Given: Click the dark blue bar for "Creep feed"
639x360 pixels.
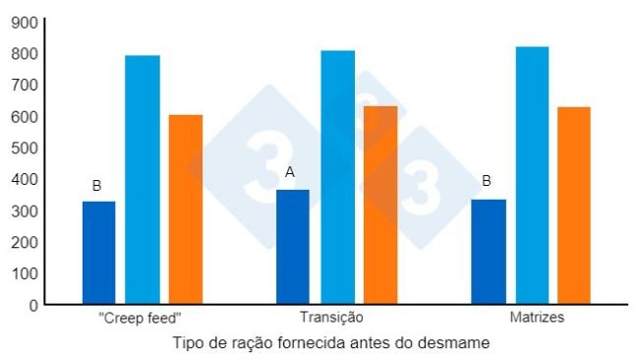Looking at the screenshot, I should (98, 252).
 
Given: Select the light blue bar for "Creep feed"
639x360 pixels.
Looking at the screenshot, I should (142, 179).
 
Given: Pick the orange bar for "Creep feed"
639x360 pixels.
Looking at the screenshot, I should (186, 209).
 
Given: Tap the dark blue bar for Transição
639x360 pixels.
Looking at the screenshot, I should (292, 246).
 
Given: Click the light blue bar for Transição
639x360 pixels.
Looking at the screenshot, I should (337, 177).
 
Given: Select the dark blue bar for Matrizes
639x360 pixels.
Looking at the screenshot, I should (489, 251).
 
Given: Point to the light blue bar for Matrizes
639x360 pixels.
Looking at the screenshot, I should (532, 175).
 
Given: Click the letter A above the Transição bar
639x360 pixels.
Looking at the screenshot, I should (290, 172).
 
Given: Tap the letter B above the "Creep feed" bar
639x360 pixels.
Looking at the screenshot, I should (96, 185).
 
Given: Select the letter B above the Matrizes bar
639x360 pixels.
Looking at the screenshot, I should (487, 181).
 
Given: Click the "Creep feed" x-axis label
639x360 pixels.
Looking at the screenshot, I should (141, 319).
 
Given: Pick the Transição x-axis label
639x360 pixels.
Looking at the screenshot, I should (331, 319).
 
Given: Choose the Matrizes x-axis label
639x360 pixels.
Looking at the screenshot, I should (536, 319).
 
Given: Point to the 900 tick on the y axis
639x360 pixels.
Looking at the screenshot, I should (25, 22).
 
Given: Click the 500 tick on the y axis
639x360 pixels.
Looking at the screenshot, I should (25, 148).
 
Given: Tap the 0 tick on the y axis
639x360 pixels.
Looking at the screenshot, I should (32, 305).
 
